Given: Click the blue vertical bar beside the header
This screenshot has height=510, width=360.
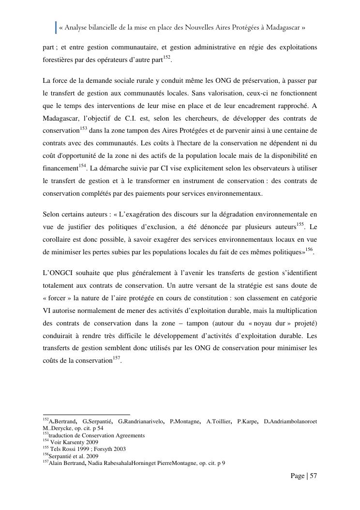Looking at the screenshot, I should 56,28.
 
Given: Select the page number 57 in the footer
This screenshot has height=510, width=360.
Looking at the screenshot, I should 313,476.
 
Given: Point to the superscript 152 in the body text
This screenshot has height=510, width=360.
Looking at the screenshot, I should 167,58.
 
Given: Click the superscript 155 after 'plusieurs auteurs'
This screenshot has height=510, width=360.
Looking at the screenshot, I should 300,224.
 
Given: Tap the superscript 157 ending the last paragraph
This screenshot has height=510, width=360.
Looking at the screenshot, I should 117,358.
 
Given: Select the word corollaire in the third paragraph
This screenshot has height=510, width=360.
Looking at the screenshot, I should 59,239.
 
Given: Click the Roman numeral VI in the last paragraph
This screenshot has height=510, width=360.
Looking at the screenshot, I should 47,310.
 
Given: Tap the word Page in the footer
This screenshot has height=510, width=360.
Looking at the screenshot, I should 298,476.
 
